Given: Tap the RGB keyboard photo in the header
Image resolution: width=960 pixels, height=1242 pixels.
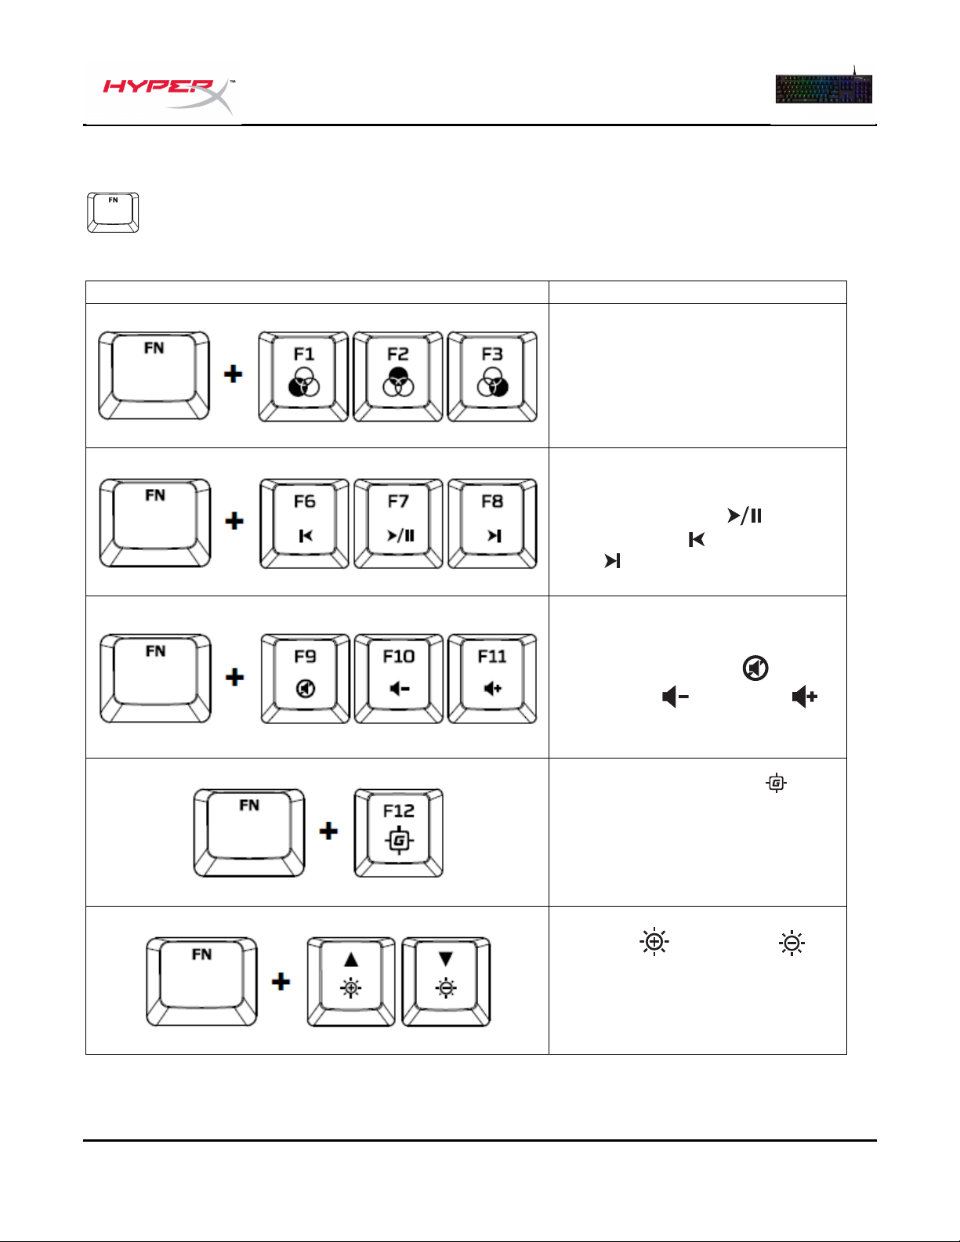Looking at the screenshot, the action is click(x=824, y=88).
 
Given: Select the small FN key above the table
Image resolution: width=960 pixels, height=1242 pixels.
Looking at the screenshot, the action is click(x=113, y=212).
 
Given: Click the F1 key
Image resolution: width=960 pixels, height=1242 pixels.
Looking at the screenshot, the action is click(x=303, y=377).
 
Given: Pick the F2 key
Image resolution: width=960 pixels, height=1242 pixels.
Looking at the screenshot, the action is click(x=398, y=377).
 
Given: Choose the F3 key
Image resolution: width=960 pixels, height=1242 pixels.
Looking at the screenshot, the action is click(x=492, y=377).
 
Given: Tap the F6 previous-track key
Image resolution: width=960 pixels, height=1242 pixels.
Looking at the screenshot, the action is click(x=304, y=523).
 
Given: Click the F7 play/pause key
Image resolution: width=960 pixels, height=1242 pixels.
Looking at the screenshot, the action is click(x=398, y=523).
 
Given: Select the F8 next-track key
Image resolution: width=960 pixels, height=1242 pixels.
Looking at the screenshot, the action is click(x=493, y=523).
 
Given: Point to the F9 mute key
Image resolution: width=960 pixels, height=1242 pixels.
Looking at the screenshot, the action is click(x=305, y=679).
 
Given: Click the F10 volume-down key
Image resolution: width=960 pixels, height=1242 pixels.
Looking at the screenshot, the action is click(x=399, y=679).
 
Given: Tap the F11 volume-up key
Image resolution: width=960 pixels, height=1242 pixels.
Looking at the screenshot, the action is click(x=493, y=679).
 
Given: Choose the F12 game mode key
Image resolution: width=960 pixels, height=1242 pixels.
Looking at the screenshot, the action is click(x=398, y=833).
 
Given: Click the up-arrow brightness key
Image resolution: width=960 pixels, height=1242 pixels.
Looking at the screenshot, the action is click(x=351, y=981).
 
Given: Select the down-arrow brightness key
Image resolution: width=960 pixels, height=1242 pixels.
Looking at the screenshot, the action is click(x=446, y=981).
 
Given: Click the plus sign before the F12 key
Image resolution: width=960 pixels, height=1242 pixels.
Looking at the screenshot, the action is click(x=328, y=831).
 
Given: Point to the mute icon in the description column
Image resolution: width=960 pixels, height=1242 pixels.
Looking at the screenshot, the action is click(x=755, y=668).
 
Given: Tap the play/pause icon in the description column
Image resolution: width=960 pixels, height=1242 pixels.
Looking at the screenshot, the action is click(x=744, y=516).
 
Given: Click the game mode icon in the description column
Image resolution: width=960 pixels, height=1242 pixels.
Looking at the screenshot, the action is click(x=776, y=783).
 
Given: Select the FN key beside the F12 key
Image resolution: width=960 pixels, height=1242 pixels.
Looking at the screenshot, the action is click(x=249, y=833).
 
